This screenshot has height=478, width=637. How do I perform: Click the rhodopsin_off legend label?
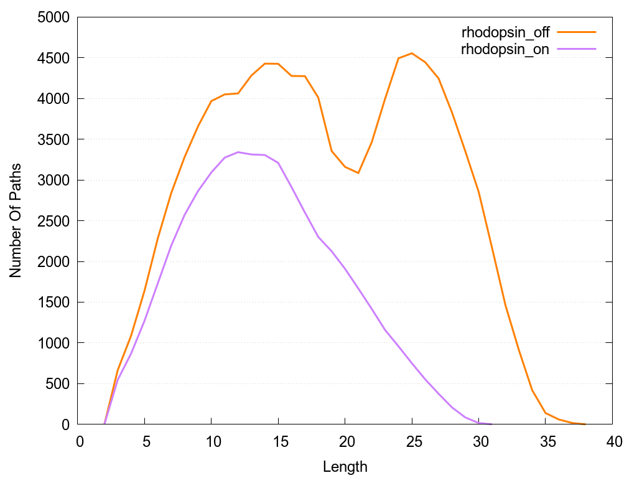pos(505,32)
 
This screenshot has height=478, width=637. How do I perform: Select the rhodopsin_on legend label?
pos(505,50)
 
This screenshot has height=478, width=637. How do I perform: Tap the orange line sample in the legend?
pos(577,32)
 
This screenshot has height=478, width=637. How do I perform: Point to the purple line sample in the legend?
pos(577,49)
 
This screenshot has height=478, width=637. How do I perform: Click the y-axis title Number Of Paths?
pos(16,220)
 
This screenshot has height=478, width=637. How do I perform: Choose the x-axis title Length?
pos(345,467)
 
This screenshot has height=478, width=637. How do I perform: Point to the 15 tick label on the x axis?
pos(278,441)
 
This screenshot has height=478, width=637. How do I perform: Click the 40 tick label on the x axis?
pos(613,441)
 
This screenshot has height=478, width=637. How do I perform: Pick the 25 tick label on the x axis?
pos(412,441)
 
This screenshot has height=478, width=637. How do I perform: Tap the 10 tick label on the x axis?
pos(211,441)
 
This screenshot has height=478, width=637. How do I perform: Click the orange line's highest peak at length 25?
pos(412,54)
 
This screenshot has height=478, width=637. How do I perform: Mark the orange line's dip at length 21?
pos(358,173)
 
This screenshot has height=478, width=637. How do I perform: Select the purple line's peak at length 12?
pos(238,152)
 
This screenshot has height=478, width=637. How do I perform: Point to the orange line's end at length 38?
pos(585,424)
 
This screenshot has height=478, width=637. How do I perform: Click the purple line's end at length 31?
pos(492,424)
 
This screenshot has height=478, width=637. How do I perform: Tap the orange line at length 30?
pos(478,192)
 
